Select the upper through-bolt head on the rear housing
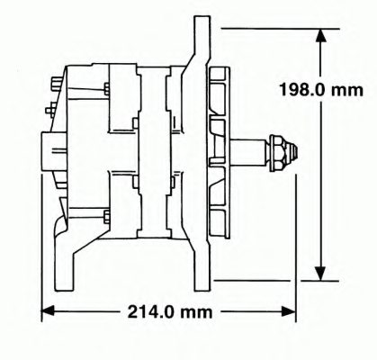pyautogui.click(x=107, y=88)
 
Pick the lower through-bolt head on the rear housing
pyautogui.click(x=107, y=216)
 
